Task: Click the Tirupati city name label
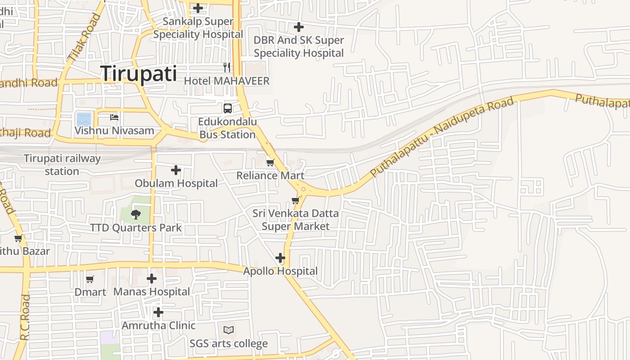point(139,73)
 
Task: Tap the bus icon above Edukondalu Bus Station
point(228,108)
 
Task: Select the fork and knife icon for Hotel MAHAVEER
point(227,67)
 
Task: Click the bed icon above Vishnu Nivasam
point(114,117)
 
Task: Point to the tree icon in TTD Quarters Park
point(135,215)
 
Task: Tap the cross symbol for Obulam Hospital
point(176,170)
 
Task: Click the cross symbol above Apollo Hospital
point(280,258)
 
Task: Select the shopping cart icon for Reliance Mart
point(270,162)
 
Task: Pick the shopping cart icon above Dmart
point(90,279)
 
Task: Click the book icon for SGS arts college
point(229,330)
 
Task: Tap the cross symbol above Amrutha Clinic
point(158,312)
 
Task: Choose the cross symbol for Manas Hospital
point(152,279)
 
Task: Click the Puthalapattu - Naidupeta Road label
point(442,137)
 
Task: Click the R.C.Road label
point(25,317)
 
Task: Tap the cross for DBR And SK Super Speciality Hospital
point(298,27)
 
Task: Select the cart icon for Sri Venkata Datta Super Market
point(296,200)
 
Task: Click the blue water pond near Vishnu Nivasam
point(84,119)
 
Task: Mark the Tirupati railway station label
point(62,165)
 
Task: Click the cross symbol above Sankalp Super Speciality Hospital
point(198,8)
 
